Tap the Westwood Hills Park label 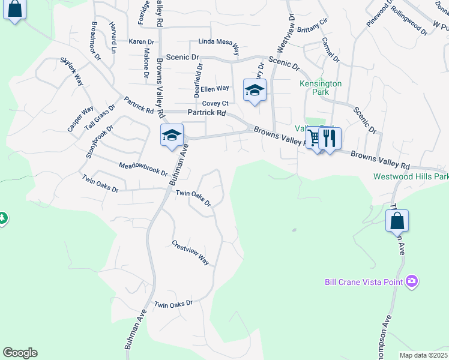point(411,176)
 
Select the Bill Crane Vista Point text point(363,281)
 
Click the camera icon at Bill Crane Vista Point point(412,281)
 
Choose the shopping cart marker point(315,139)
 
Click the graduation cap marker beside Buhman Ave point(172,136)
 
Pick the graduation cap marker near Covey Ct point(255,91)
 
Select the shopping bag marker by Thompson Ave point(397,221)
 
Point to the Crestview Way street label point(190,253)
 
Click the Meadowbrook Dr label point(143,169)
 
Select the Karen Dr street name point(141,42)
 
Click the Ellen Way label point(215,89)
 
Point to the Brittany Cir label point(312,25)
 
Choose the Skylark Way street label point(71,71)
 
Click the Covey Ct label point(215,103)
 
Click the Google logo point(20,353)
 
